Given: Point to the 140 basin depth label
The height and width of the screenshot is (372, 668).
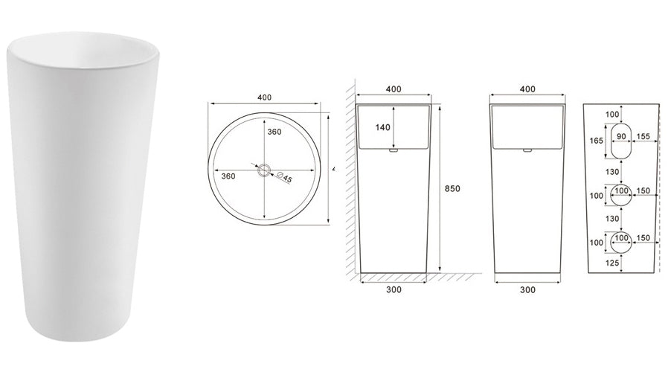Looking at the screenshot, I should click(x=383, y=127).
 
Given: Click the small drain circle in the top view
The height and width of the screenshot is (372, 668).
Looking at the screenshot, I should click(x=264, y=170).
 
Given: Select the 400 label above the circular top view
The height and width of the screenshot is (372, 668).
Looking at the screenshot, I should click(x=265, y=97).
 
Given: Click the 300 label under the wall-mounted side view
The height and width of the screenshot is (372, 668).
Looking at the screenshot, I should click(x=394, y=289).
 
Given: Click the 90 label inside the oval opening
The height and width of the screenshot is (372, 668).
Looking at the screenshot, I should click(x=620, y=137).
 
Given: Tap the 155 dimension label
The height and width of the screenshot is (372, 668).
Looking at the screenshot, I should click(x=643, y=137).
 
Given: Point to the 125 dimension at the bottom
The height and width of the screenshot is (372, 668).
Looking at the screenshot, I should click(x=614, y=263).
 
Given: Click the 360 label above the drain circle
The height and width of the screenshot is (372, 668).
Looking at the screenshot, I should click(x=274, y=132).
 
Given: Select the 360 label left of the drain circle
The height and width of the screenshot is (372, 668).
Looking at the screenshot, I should click(x=228, y=176).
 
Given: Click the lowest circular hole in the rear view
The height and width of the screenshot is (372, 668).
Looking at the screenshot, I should click(x=620, y=241).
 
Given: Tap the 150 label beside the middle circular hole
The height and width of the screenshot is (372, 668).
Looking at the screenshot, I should click(x=644, y=191).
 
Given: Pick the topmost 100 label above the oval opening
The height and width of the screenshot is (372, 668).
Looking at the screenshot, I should click(x=612, y=114).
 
